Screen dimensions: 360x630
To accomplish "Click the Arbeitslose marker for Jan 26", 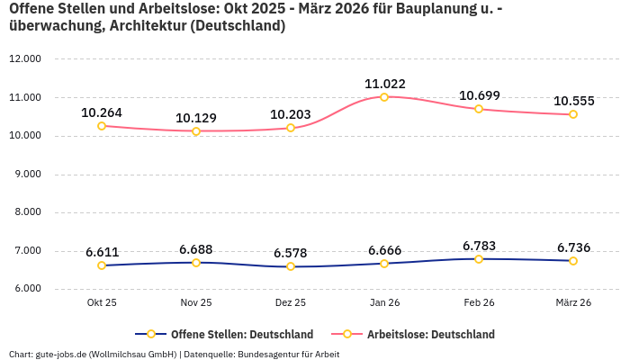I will (x=384, y=97).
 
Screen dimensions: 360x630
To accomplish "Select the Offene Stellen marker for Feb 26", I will (x=479, y=259).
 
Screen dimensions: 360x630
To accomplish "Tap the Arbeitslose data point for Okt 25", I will (x=102, y=126).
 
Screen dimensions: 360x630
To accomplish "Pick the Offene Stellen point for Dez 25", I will (x=291, y=266).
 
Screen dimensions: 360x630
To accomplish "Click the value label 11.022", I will (x=384, y=84).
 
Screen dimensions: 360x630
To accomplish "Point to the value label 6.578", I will (x=291, y=253).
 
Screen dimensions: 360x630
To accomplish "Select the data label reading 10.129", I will (x=196, y=118).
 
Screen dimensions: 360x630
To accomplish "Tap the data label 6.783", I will (x=479, y=246).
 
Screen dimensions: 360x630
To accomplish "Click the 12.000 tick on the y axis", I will (x=25, y=59).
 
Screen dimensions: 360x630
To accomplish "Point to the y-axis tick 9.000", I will (x=28, y=175).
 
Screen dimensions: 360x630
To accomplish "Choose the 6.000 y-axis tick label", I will (x=28, y=290).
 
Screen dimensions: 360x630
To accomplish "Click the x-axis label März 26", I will (x=573, y=303).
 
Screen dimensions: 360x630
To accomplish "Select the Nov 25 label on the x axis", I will (x=196, y=303).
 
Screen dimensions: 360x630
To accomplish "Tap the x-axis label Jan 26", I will (x=384, y=303).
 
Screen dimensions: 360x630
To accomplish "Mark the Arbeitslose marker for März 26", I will (x=573, y=114).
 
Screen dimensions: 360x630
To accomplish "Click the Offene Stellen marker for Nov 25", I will (x=196, y=262).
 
